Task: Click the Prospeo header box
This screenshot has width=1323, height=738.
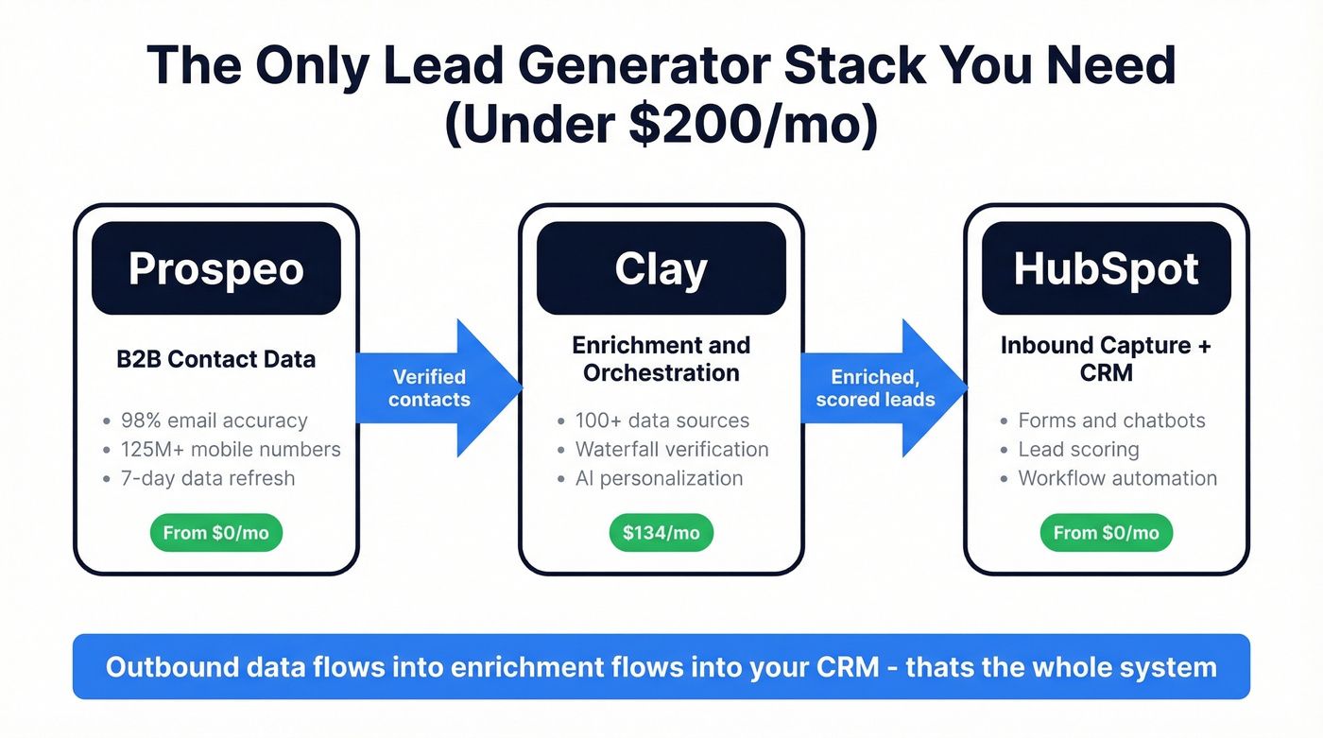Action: point(215,268)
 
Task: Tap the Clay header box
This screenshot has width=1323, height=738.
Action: point(661,268)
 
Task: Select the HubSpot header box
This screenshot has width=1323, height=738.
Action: point(1106,268)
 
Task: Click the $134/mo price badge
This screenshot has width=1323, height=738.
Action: point(661,533)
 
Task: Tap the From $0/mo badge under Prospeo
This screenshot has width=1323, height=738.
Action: point(216,533)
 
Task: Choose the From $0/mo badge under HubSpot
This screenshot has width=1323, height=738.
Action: point(1106,533)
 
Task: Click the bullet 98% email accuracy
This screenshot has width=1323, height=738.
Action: point(214,420)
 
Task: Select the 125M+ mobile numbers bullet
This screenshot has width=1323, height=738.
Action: point(231,450)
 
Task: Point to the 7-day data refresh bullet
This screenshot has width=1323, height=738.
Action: point(207,478)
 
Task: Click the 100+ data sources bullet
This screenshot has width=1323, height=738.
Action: point(661,420)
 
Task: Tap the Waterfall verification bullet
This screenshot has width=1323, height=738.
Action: point(671,450)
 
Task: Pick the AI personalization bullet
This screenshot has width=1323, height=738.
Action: point(659,478)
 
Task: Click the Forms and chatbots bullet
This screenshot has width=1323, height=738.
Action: point(1111,420)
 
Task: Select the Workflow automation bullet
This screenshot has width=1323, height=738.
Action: point(1117,478)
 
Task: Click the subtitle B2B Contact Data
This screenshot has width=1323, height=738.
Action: point(215,359)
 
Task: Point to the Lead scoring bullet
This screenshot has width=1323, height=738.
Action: point(1078,450)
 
